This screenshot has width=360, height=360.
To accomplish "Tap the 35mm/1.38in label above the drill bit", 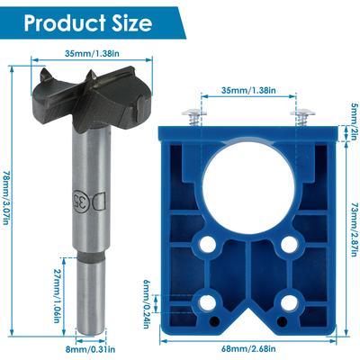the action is (x=92, y=54).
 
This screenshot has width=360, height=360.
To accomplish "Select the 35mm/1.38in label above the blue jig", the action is (x=248, y=90).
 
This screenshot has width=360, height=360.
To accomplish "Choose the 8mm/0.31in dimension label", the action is (x=90, y=349).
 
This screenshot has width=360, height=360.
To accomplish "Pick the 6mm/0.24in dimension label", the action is (x=146, y=304).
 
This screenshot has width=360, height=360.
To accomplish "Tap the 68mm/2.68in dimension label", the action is (x=248, y=349).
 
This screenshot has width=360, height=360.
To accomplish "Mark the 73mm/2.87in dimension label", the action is (x=355, y=229).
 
